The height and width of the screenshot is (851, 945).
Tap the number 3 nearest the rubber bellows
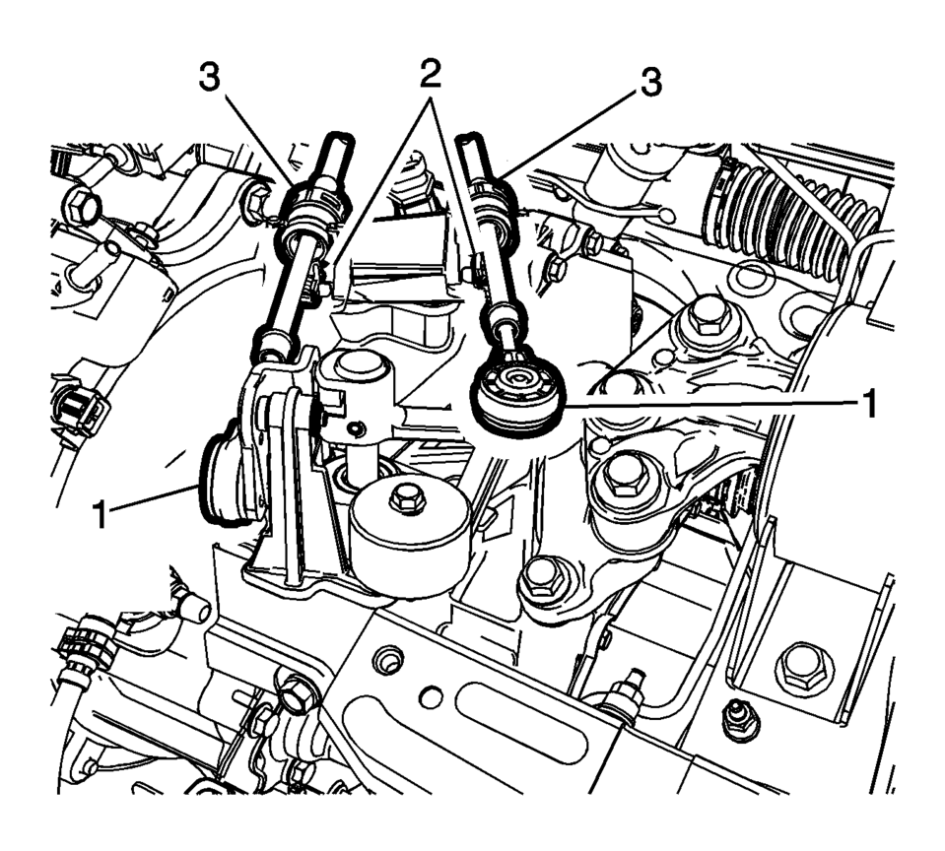coord(648,83)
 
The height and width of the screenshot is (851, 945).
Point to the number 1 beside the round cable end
coord(868,404)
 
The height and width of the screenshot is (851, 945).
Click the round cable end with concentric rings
coord(518,391)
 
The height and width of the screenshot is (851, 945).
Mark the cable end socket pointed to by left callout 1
coord(225,477)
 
